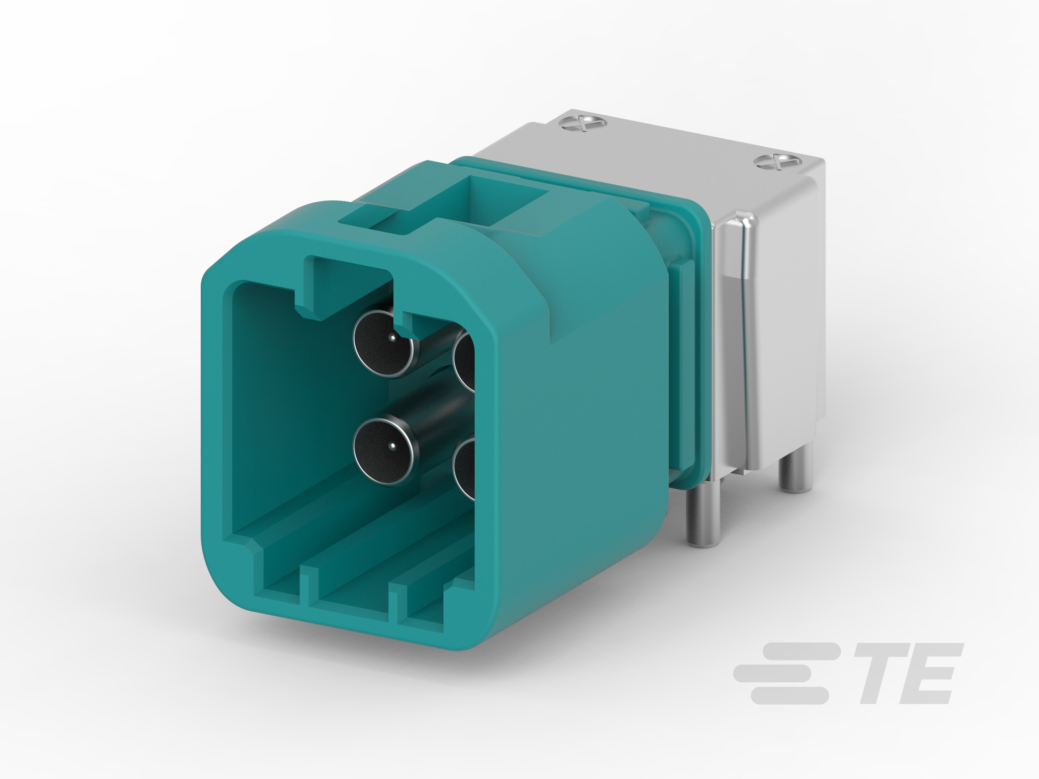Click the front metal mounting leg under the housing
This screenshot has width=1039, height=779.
(703, 516)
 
